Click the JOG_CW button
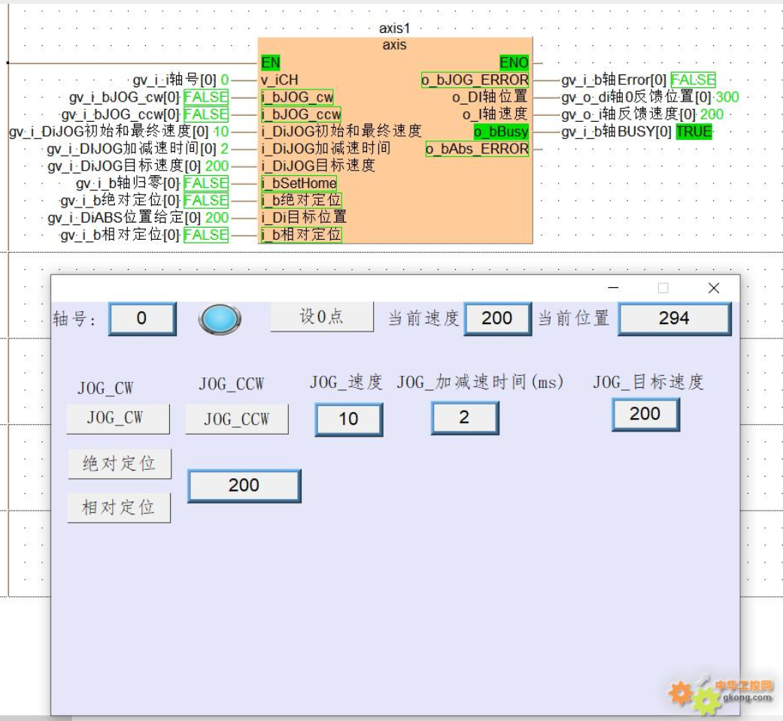point(118,419)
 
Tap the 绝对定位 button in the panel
point(120,464)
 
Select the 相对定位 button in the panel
point(119,507)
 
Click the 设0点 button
point(322,317)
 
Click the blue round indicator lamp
point(220,319)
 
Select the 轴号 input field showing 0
point(142,319)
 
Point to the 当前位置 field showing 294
point(674,319)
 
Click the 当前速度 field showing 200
point(497,319)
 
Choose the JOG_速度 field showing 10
point(348,419)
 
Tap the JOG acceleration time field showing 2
point(464,418)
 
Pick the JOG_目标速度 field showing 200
point(645,414)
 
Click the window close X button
point(714,288)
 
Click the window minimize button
point(614,288)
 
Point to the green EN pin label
point(271,62)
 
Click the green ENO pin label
point(514,62)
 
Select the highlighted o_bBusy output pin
point(501,132)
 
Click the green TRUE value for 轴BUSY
point(693,132)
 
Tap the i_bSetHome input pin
point(299,183)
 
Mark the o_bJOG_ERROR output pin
point(475,80)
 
